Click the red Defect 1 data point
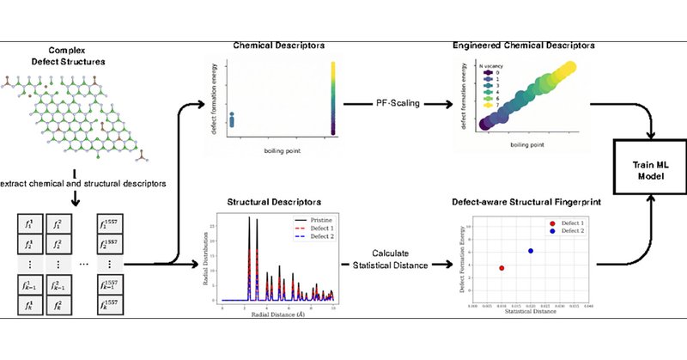click(502, 268)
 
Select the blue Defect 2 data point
click(531, 251)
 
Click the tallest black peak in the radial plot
click(249, 219)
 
